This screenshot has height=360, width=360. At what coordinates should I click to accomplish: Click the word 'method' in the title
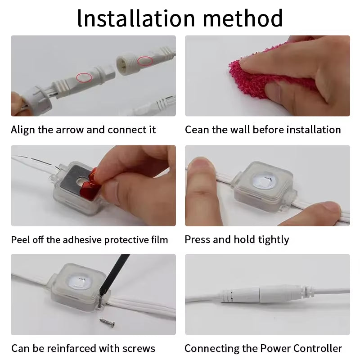243,18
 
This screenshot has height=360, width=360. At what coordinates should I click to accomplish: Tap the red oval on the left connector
84,77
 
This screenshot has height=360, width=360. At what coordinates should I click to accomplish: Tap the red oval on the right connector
145,61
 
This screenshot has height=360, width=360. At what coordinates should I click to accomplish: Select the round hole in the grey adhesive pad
81,182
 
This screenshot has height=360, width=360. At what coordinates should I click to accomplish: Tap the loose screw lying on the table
107,323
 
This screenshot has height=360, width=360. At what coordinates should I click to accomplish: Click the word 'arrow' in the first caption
70,130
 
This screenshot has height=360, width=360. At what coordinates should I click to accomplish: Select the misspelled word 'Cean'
197,130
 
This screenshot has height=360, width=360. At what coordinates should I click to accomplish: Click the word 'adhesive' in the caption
82,240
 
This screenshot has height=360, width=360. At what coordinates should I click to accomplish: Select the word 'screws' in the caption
139,348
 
